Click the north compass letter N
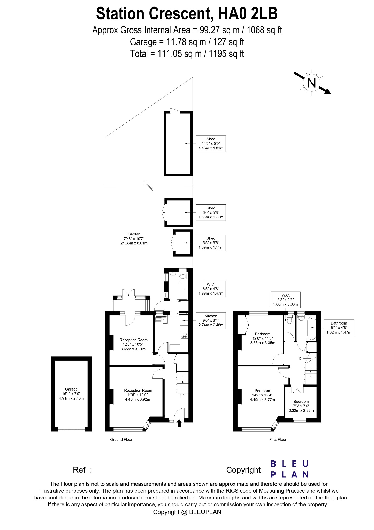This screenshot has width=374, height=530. click(x=311, y=83)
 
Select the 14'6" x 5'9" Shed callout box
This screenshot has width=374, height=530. click(x=211, y=144)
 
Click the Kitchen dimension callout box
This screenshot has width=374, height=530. click(x=211, y=321)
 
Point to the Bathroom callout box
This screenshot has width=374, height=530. click(x=339, y=328)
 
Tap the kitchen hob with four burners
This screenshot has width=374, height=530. click(x=185, y=335)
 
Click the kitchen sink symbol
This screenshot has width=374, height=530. click(x=162, y=320)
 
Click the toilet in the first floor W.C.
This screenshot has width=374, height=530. click(x=290, y=320)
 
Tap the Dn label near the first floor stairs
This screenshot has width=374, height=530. click(x=301, y=359)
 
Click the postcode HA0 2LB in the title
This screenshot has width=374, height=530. click(x=248, y=14)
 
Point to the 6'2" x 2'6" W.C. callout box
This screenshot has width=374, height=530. click(x=286, y=300)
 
